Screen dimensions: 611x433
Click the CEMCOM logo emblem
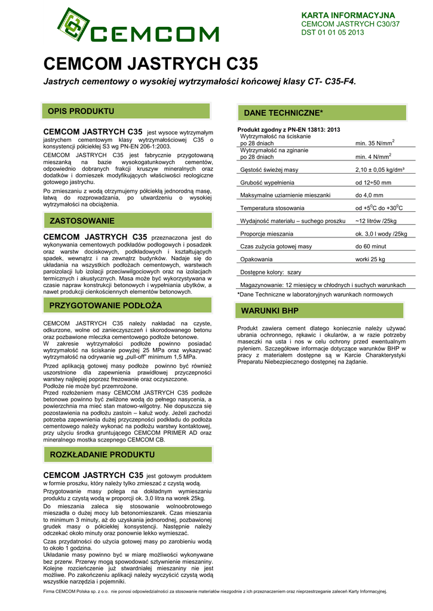[76, 26]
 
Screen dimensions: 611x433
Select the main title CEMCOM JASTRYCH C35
[151, 64]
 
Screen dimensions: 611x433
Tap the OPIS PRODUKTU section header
[81, 112]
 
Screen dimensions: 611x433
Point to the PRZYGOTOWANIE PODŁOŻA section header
[105, 305]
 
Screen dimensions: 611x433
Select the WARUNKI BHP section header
[269, 311]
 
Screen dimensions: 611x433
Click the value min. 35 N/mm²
[375, 143]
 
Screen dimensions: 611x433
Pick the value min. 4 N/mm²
[373, 156]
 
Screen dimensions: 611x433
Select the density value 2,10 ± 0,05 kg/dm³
[380, 170]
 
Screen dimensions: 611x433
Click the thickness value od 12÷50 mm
[373, 183]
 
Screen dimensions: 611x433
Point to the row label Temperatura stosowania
[272, 208]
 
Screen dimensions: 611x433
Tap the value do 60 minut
[370, 246]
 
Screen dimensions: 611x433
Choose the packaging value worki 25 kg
[370, 260]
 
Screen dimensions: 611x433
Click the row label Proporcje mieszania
[266, 234]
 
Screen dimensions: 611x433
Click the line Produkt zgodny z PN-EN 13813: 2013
[288, 129]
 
